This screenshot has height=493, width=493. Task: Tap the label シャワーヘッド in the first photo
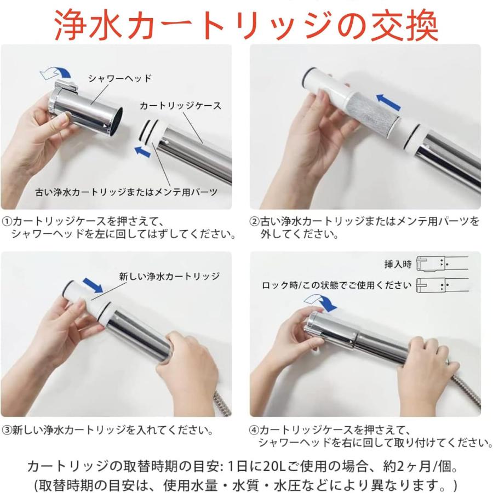click(119, 79)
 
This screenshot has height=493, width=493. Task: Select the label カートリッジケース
click(180, 106)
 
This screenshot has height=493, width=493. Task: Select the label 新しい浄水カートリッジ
click(169, 276)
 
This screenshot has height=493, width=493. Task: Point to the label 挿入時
click(397, 264)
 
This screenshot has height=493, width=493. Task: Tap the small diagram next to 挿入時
click(442, 263)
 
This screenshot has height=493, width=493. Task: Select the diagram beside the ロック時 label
click(442, 285)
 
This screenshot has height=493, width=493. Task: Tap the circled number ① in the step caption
click(7, 221)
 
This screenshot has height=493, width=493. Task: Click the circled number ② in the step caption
click(254, 221)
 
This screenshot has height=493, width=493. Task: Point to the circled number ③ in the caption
click(7, 430)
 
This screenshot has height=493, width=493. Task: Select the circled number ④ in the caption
click(254, 430)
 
